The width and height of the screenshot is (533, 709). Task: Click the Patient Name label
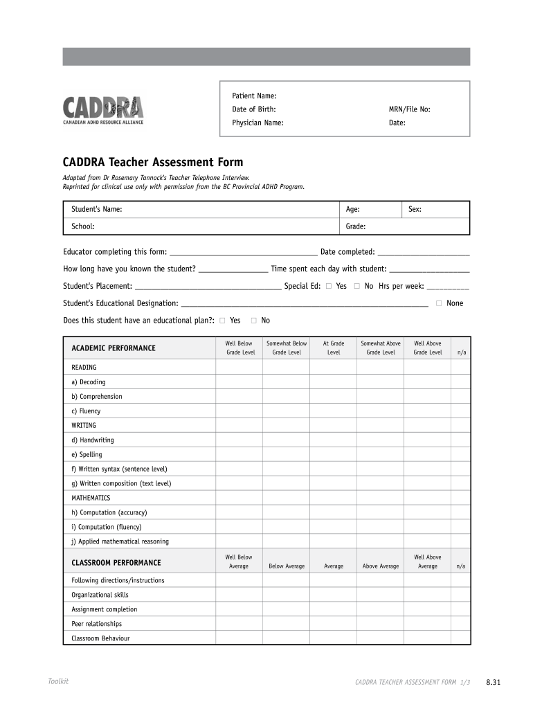pos(254,96)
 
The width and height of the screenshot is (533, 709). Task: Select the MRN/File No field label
pos(409,109)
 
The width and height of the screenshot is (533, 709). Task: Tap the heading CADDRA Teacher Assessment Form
pos(153,162)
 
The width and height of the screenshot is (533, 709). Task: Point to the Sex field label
pos(415,209)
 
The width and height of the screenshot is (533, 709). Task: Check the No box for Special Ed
pos(357,286)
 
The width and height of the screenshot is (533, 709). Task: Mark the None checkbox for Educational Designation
pos(438,303)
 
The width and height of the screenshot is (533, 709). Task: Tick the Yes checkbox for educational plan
pos(222,321)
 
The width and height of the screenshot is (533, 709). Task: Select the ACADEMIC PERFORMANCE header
pos(114,348)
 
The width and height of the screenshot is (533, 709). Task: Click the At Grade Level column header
pos(333,348)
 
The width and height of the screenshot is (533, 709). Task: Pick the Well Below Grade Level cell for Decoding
pos(239,382)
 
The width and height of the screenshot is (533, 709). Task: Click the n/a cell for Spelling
pos(461,455)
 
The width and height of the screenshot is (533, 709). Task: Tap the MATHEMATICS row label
pos(91,498)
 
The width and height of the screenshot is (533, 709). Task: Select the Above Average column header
pos(380,566)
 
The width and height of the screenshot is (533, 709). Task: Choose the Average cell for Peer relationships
pos(333,624)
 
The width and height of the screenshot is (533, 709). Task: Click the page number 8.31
pos(493,683)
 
